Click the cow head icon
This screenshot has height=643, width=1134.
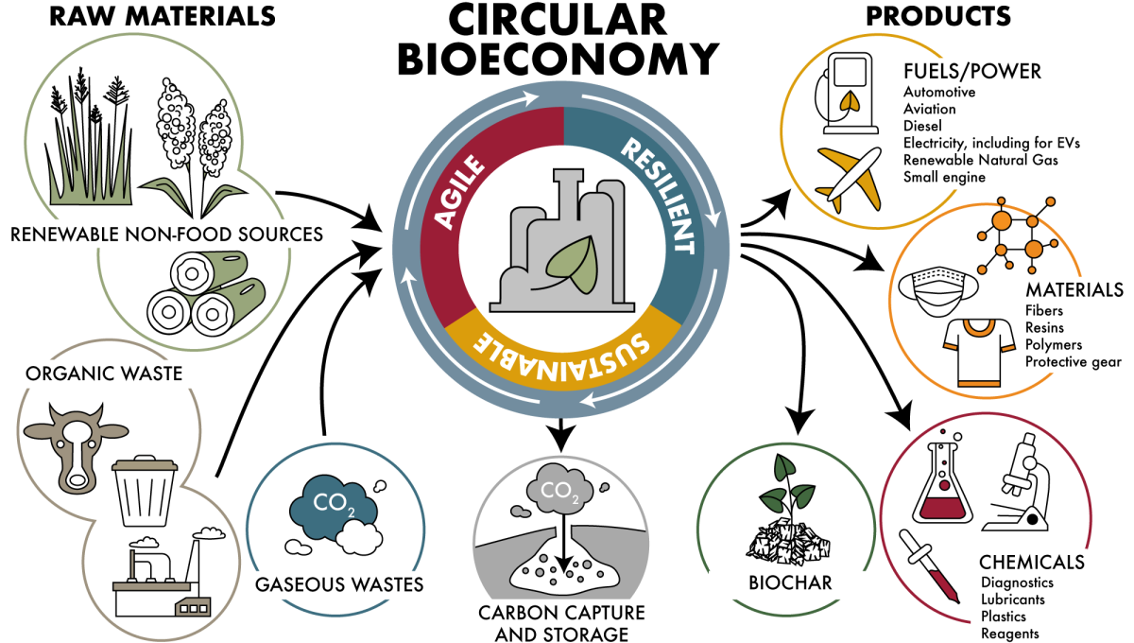pos(74,441)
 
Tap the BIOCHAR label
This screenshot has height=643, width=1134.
pos(790,582)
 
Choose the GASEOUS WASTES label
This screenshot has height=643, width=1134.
pos(339,583)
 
